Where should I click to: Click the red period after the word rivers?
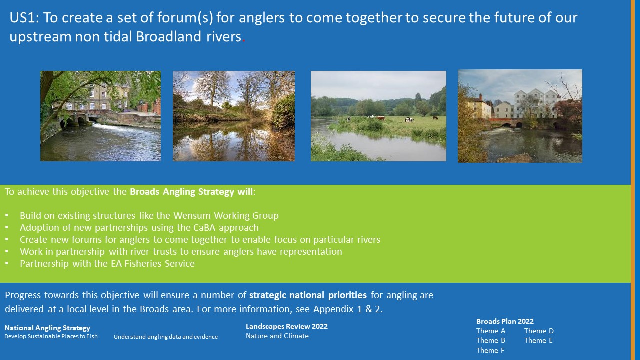pyautogui.click(x=243, y=41)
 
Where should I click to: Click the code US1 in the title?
pyautogui.click(x=24, y=17)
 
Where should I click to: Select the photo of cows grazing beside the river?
pyautogui.click(x=378, y=116)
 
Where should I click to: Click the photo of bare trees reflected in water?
pyautogui.click(x=234, y=116)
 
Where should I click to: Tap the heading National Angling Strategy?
pyautogui.click(x=47, y=328)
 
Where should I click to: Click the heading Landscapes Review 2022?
pyautogui.click(x=287, y=326)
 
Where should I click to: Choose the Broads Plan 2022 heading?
pyautogui.click(x=505, y=321)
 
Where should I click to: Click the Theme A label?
pyautogui.click(x=491, y=331)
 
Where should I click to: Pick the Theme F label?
pyautogui.click(x=490, y=350)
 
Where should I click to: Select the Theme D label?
pyautogui.click(x=539, y=331)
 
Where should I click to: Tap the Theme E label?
pyautogui.click(x=538, y=340)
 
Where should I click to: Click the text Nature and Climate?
pyautogui.click(x=277, y=336)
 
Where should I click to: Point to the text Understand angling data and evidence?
pyautogui.click(x=166, y=337)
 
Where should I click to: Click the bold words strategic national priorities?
pyautogui.click(x=308, y=295)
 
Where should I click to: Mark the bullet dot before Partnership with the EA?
pyautogui.click(x=7, y=264)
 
